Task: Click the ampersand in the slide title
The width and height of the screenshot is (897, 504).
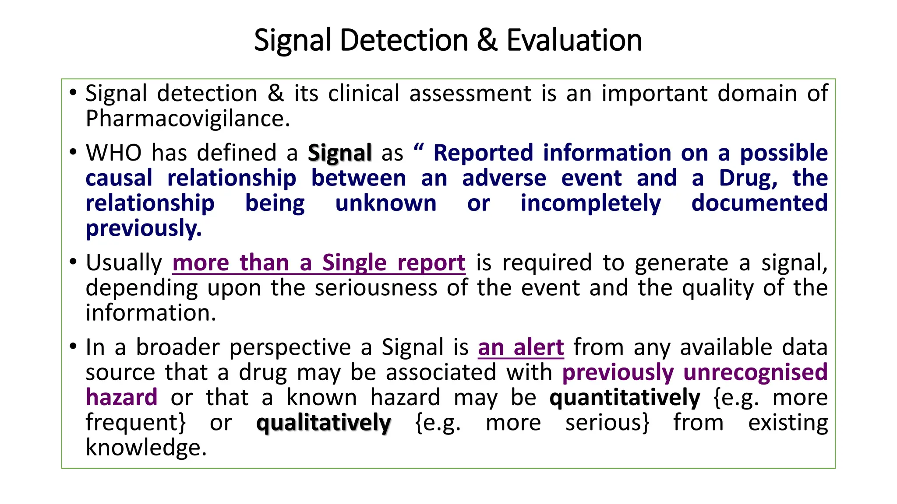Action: [x=487, y=40]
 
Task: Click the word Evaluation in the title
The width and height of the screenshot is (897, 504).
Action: [x=574, y=40]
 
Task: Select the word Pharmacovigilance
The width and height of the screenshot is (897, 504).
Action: [x=187, y=119]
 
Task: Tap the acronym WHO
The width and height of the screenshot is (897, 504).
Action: [x=113, y=153]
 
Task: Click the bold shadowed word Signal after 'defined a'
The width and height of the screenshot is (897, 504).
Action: [x=339, y=153]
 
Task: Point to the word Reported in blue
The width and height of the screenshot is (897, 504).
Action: [x=483, y=153]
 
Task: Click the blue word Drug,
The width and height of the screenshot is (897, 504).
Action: [x=748, y=178]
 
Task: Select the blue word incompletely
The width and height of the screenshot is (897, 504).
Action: [x=590, y=203]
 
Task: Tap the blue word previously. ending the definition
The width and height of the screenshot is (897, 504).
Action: [x=144, y=228]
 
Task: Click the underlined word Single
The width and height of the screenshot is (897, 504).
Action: [x=354, y=263]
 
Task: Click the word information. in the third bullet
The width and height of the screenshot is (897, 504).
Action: [x=151, y=313]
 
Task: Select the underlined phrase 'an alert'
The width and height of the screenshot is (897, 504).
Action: [x=520, y=348]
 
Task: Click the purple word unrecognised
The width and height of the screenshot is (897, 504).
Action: [x=755, y=372]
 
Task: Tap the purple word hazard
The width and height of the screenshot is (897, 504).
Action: [x=121, y=398]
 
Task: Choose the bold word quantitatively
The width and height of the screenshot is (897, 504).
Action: [x=625, y=398]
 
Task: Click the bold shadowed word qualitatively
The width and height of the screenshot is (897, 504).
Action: [x=323, y=423]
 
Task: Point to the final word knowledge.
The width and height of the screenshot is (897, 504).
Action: [x=146, y=448]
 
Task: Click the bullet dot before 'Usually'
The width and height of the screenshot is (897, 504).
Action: [x=73, y=262]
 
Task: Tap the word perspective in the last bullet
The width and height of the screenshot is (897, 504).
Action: [x=290, y=348]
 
